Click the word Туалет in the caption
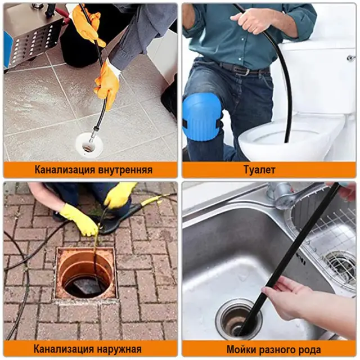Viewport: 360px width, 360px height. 259,170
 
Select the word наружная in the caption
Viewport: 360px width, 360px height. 118,349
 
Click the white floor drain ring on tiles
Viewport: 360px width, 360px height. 89,145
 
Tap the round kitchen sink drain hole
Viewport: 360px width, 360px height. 238,318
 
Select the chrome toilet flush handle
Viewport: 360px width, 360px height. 352,57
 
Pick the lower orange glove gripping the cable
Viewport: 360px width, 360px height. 107,84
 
